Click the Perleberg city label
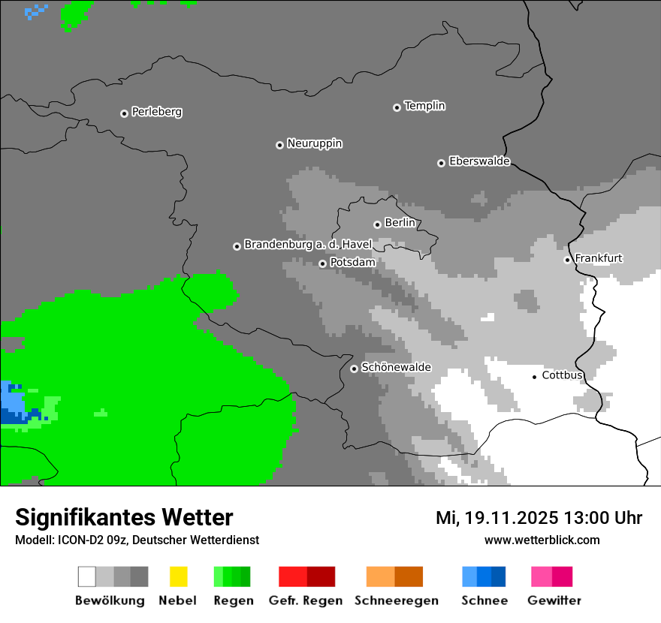coord(156,112)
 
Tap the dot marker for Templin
coord(397,107)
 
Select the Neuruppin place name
coord(314,143)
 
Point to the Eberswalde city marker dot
coord(441,163)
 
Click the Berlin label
coord(400,223)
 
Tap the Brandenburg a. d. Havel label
coord(308,245)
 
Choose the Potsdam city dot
coord(322,263)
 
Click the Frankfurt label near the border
coord(598,258)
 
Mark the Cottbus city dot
coord(534,376)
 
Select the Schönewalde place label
coord(396,367)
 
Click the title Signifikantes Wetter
coord(124,517)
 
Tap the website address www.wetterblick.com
coord(542,540)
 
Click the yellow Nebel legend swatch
coord(178,576)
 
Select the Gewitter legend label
coord(554,600)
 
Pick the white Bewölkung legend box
coord(87,576)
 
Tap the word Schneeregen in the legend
coord(396,600)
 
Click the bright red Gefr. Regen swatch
coord(292,576)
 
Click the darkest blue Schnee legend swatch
coord(499,576)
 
